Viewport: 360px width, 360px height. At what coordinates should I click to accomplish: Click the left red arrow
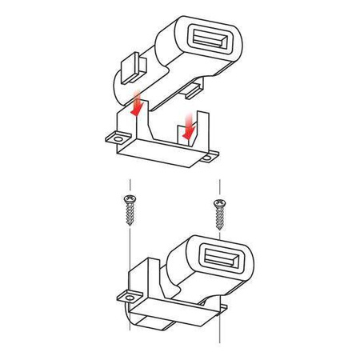(137, 105)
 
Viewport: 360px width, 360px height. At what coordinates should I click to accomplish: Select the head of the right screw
(218, 203)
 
